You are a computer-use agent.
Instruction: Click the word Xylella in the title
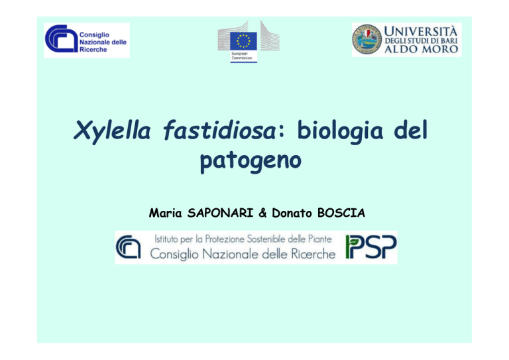coord(112,131)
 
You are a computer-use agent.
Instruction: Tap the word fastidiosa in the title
coord(219,130)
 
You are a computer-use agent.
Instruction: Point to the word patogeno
coord(251,160)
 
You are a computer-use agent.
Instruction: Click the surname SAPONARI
coord(220,213)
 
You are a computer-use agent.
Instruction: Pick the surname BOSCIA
coord(341,213)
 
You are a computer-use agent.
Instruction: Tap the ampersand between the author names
coord(262,213)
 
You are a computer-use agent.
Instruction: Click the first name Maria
coord(165,213)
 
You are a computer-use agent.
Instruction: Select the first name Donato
coord(292,213)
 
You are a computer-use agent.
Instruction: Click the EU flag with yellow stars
coord(243,41)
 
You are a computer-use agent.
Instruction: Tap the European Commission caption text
coord(241,56)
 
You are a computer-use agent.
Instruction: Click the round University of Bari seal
coord(367,40)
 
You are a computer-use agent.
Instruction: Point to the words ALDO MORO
coord(421,49)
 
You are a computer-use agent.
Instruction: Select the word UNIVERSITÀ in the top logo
coord(421,31)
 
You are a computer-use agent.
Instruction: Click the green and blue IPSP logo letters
coord(371,247)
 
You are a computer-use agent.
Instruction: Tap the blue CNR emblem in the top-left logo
coord(62,38)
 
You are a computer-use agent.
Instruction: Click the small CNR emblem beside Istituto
coord(129,247)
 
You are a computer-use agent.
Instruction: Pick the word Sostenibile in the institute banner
coord(266,239)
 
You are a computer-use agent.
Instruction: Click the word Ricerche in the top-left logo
coord(93,50)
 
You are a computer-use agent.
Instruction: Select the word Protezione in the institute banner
coord(225,239)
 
